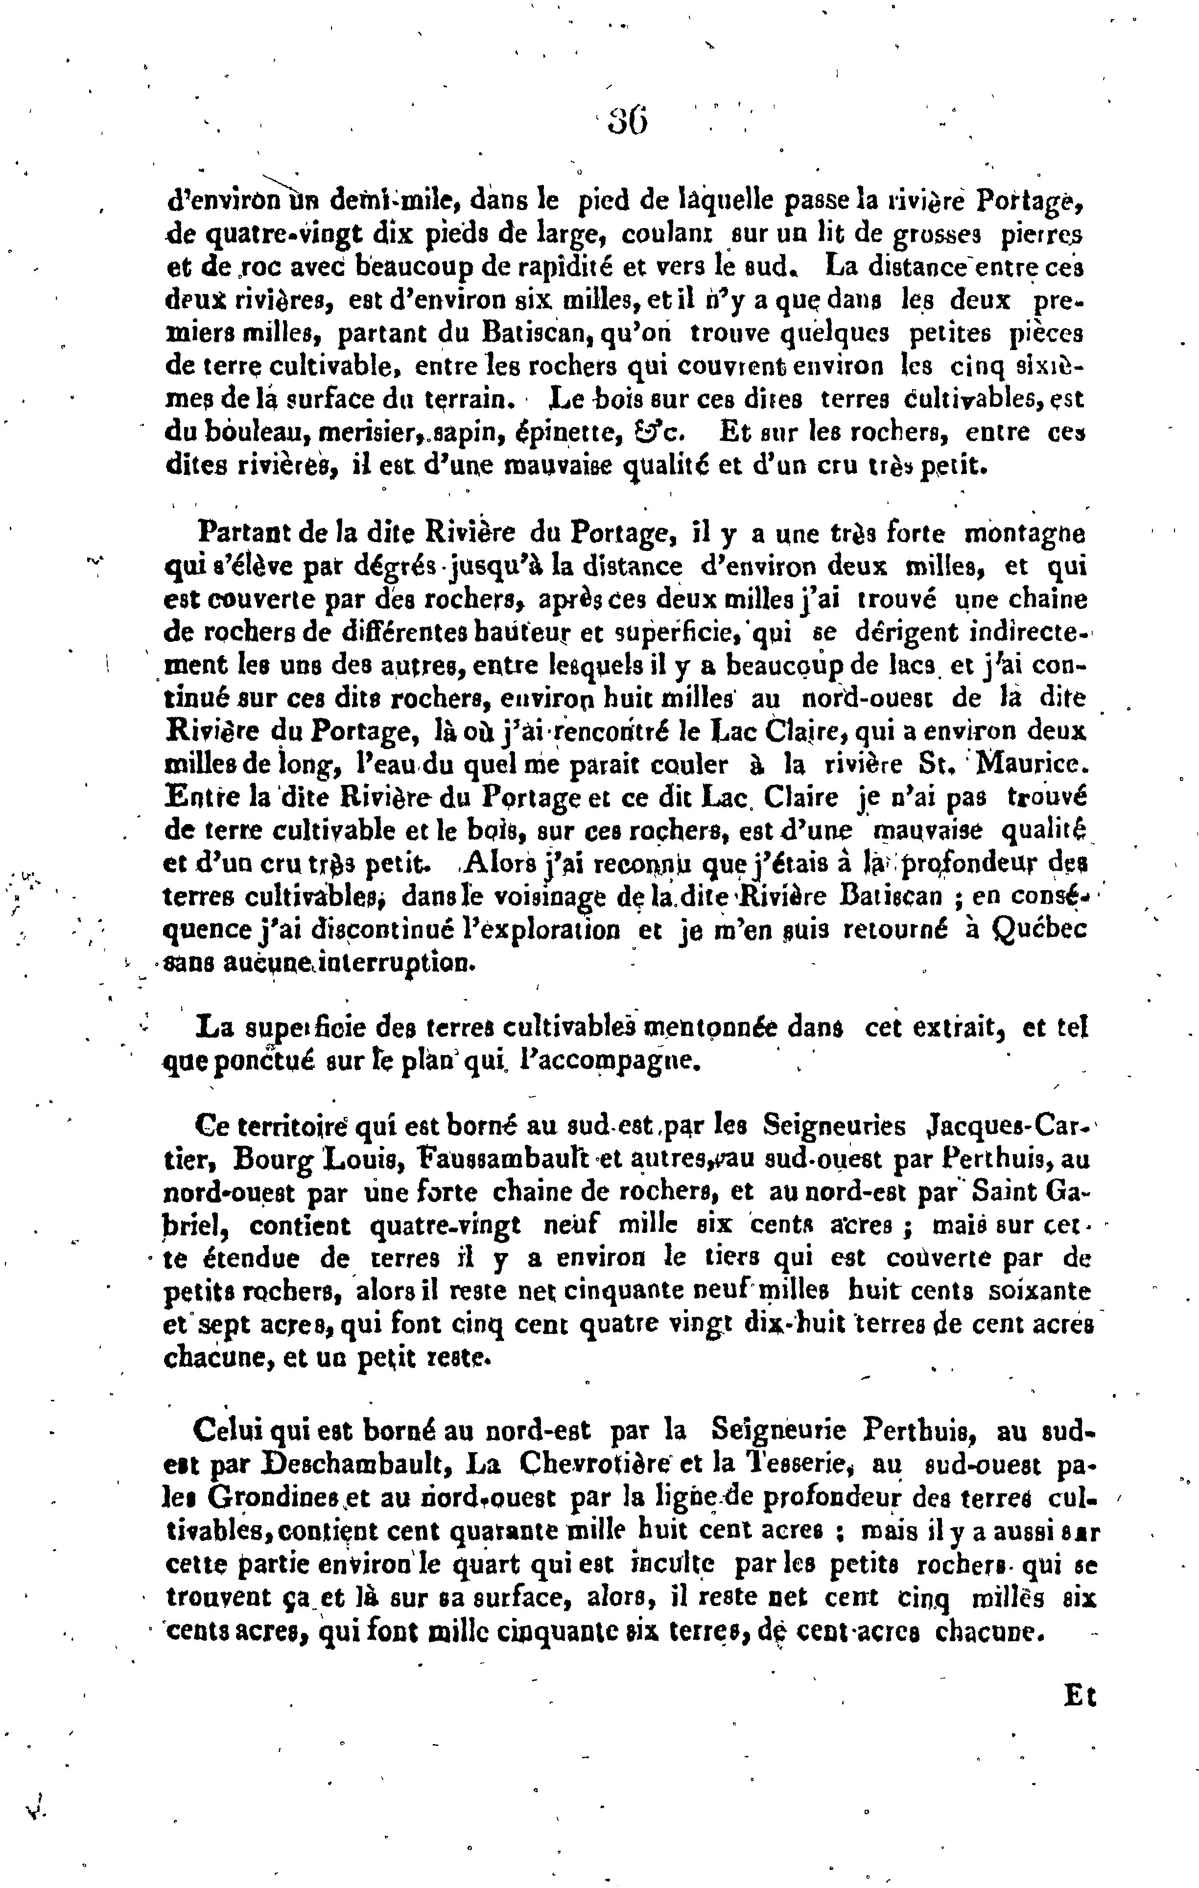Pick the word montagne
coord(1025,534)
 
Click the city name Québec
coord(1040,929)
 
